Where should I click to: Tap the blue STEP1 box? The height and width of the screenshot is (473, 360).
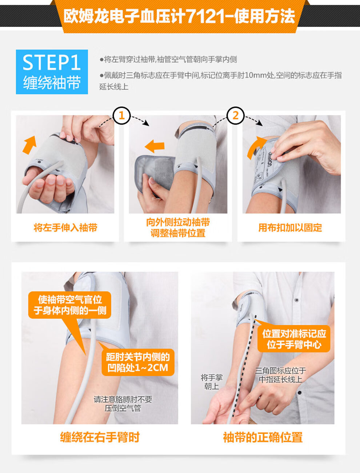(x=52, y=72)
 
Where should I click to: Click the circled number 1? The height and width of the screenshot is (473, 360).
(x=121, y=116)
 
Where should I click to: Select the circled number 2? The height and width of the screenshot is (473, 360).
(x=235, y=116)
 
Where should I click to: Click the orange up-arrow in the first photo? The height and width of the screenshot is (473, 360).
(x=29, y=144)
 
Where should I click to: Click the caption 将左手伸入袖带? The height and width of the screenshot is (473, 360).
(x=65, y=228)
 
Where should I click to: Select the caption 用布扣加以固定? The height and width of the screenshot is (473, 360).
(x=290, y=228)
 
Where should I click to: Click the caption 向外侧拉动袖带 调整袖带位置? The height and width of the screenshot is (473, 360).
(x=178, y=228)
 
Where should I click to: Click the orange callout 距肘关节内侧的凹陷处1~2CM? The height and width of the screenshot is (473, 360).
(x=138, y=362)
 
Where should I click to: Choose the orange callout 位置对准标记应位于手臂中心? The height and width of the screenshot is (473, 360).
(x=294, y=339)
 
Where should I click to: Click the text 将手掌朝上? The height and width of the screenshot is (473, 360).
(x=211, y=382)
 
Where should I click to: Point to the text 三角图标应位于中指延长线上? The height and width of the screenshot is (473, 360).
(x=280, y=375)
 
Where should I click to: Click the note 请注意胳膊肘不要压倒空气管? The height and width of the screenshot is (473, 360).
(x=123, y=404)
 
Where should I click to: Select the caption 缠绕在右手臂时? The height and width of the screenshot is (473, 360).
(x=100, y=437)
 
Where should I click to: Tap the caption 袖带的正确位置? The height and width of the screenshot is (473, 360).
(x=263, y=437)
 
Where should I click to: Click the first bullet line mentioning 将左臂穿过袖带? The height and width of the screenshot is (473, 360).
(x=168, y=60)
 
